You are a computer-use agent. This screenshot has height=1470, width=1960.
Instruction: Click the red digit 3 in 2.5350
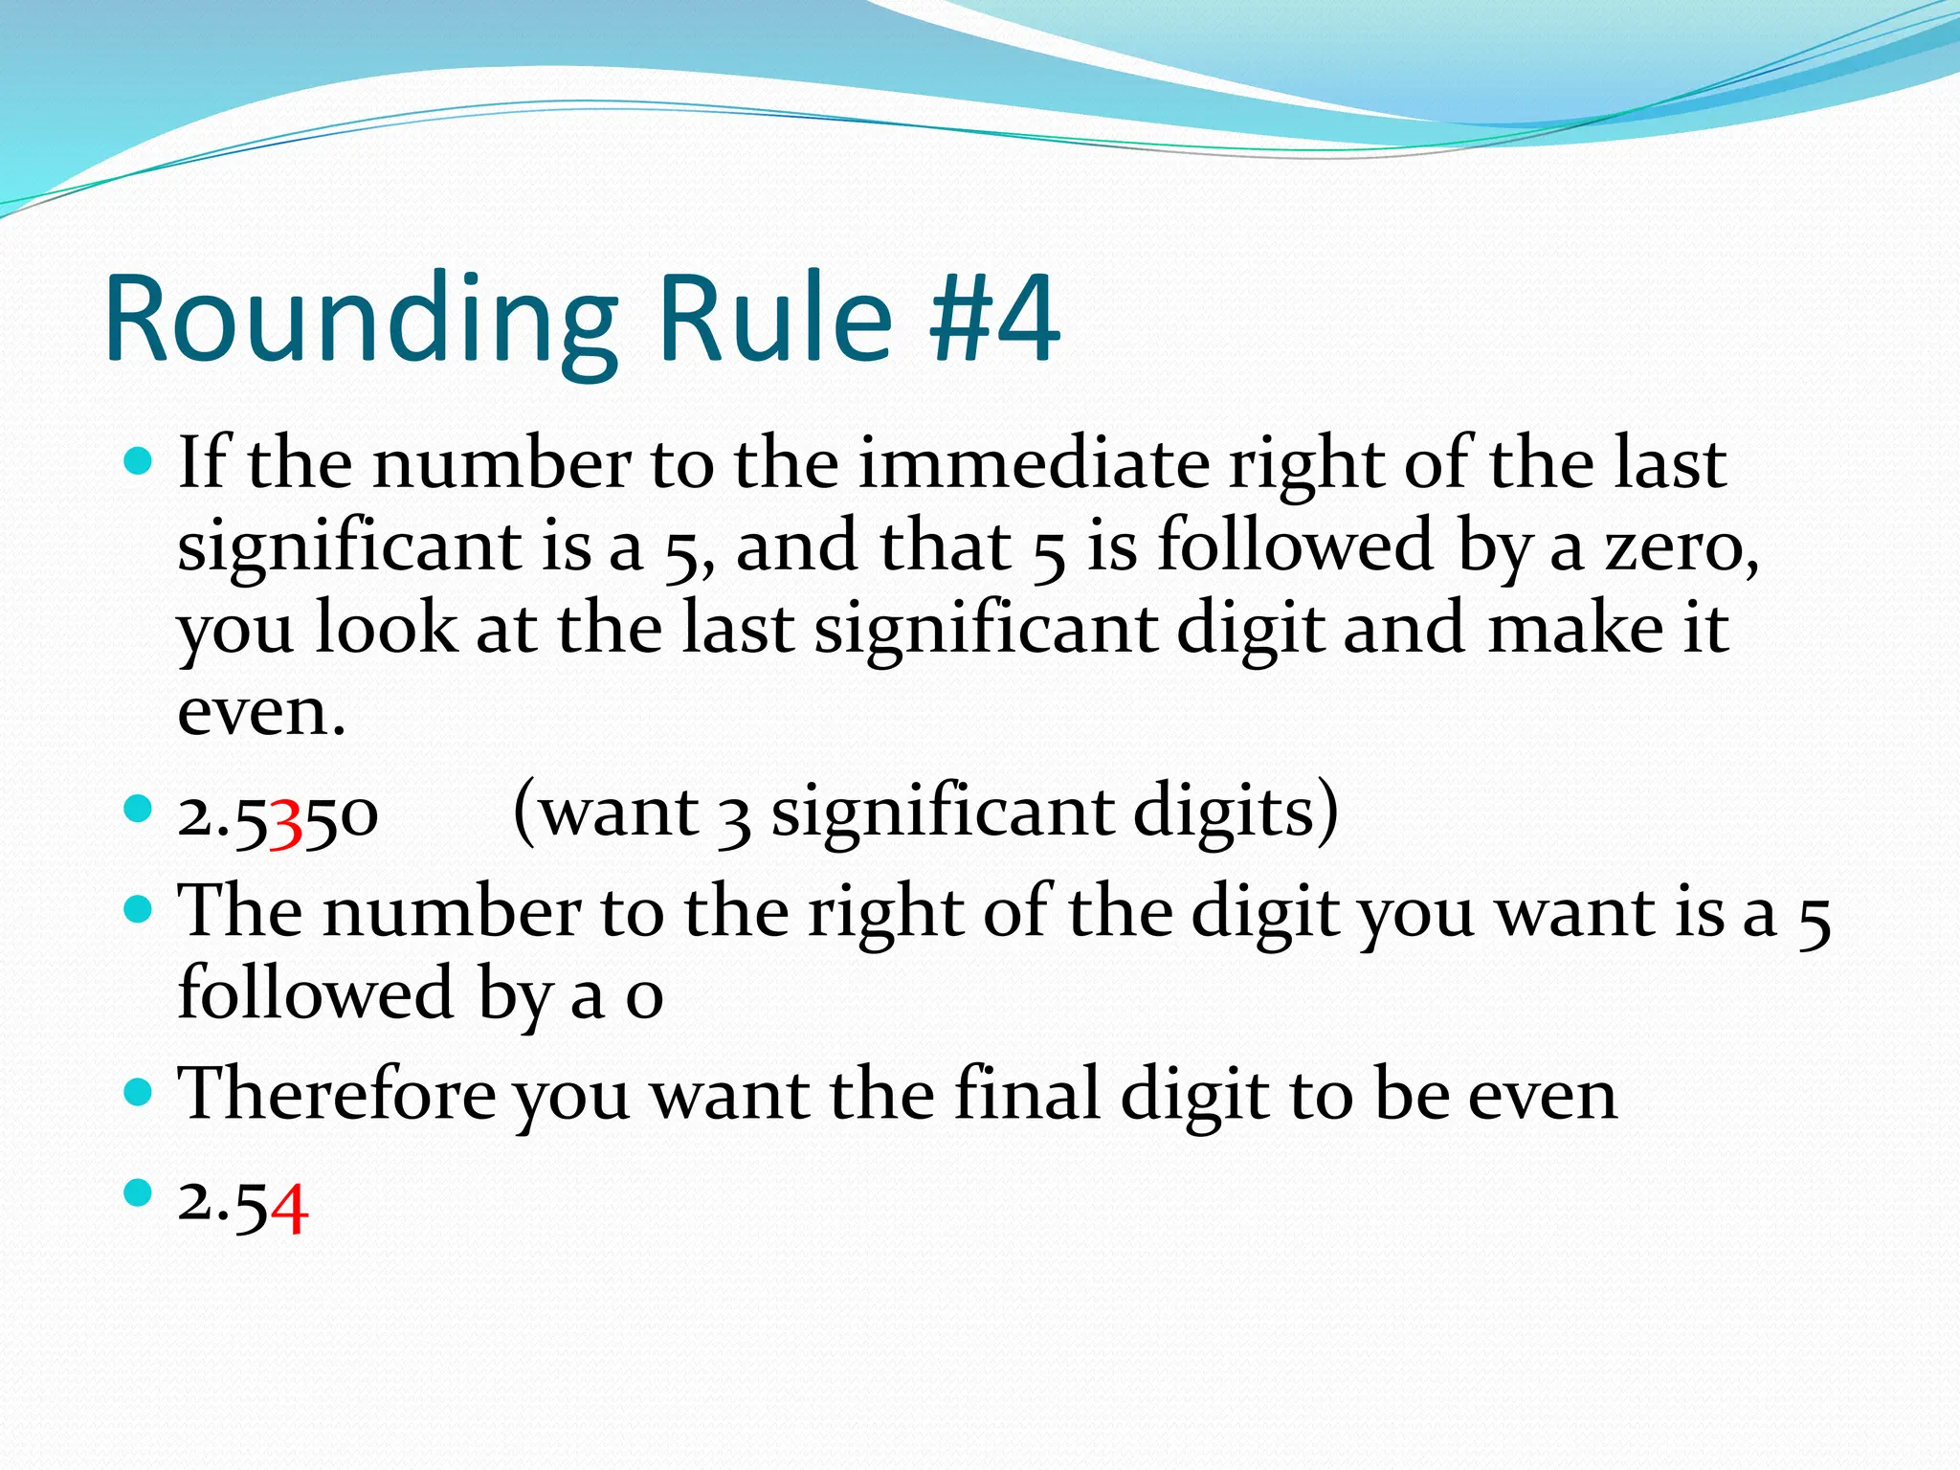286,819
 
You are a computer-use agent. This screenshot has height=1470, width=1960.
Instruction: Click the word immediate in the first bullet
1034,463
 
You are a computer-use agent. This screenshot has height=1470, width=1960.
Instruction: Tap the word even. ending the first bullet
261,712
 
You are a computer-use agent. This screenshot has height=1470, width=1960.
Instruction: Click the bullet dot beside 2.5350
139,810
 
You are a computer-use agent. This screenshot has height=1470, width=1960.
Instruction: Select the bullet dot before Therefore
139,1091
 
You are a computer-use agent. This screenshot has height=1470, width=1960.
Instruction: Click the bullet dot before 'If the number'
139,463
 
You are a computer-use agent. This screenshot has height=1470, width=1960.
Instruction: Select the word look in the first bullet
387,629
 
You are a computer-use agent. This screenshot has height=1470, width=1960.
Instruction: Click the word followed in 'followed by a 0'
315,992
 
